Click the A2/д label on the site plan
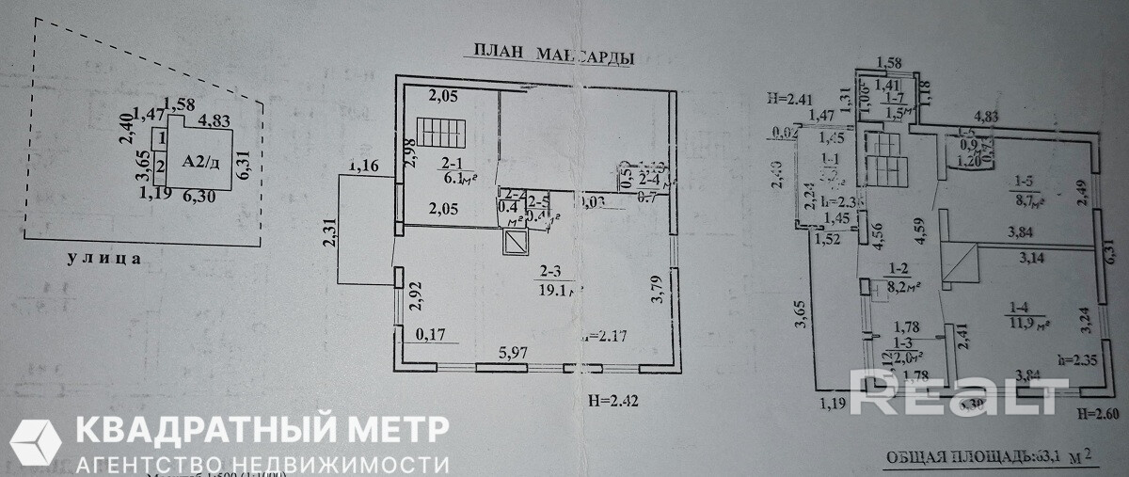(x=199, y=161)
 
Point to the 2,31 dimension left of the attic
(x=327, y=233)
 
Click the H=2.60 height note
(x=1097, y=413)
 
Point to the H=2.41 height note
(x=790, y=96)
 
